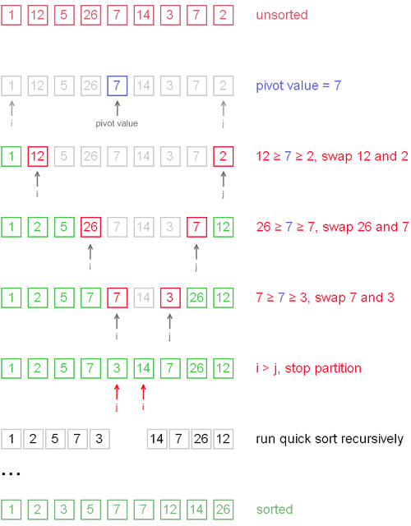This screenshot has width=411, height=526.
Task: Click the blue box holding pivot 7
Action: click(x=117, y=85)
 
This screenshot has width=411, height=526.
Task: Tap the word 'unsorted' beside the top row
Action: click(x=282, y=16)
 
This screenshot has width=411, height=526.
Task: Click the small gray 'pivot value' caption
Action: click(x=117, y=123)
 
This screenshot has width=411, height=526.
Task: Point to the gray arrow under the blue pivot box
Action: click(x=117, y=107)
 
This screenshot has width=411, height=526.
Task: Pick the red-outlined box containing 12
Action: click(x=38, y=156)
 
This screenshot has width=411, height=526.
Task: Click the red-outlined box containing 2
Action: click(x=223, y=156)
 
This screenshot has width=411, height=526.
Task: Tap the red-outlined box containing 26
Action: click(x=90, y=227)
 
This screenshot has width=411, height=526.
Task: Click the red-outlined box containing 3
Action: click(x=169, y=298)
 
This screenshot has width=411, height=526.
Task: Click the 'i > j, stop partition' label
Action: click(x=308, y=368)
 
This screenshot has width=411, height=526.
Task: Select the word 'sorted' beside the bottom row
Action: click(x=275, y=510)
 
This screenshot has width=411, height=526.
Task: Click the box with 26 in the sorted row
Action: click(x=223, y=510)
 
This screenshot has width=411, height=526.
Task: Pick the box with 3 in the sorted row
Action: click(x=64, y=510)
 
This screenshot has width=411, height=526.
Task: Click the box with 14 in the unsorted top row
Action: click(x=143, y=16)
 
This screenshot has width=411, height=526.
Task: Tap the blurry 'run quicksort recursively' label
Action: click(x=330, y=439)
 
